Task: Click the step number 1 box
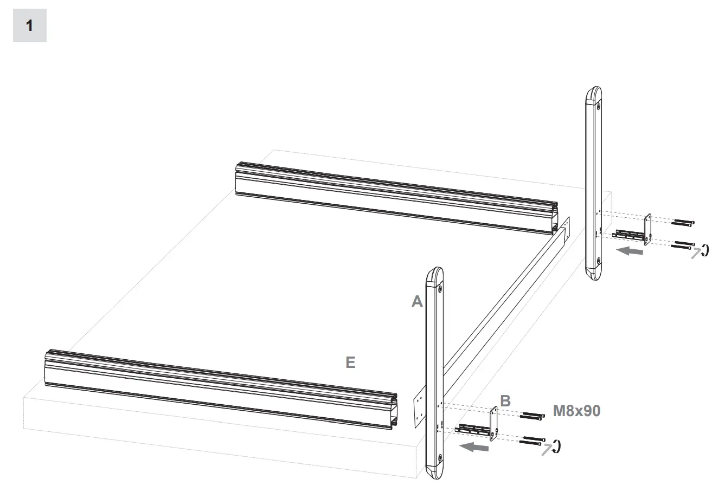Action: coord(29,25)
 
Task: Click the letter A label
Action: coord(416,301)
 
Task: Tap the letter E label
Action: coord(350,362)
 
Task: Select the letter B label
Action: coord(505,401)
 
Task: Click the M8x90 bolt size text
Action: coord(576,411)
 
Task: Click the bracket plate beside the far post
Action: coord(647,230)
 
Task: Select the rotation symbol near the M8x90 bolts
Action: coord(556,446)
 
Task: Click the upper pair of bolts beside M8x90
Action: coord(532,416)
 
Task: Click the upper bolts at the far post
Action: coord(683,222)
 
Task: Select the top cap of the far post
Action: coord(594,96)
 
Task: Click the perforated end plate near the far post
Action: coord(567,228)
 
